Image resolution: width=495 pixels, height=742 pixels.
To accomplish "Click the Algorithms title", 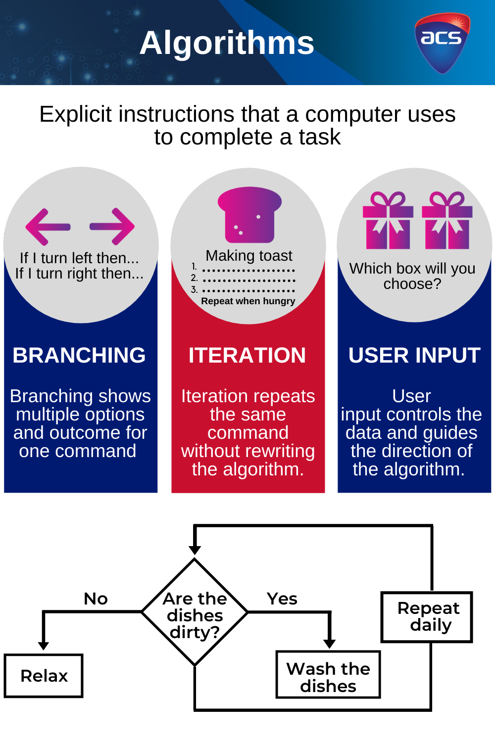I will point(227,43).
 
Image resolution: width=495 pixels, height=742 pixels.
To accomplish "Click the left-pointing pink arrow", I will point(48,227).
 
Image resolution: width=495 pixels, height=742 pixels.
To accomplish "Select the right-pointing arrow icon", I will point(112,227).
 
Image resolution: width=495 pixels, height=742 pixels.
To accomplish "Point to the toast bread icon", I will point(249,215).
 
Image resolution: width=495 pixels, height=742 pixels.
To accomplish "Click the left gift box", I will point(388,221).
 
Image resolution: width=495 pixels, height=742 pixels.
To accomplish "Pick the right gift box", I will point(447,221).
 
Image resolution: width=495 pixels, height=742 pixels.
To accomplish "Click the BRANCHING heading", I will point(79,355).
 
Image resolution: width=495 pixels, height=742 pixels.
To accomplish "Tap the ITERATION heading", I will point(247,355).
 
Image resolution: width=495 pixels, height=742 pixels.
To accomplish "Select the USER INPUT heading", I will point(414,355).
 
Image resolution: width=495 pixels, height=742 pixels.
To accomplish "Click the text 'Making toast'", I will point(249,256).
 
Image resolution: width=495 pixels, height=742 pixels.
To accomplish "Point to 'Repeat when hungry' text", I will point(248,301).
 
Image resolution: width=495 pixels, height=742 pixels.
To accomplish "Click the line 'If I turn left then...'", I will point(79,258).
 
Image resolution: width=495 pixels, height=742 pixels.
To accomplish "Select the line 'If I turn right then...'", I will point(79,274).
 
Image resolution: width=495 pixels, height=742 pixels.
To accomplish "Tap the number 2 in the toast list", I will point(194,278).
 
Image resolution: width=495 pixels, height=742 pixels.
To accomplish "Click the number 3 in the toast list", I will point(194,290).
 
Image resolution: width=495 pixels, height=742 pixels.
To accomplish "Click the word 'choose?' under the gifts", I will point(412,284).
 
